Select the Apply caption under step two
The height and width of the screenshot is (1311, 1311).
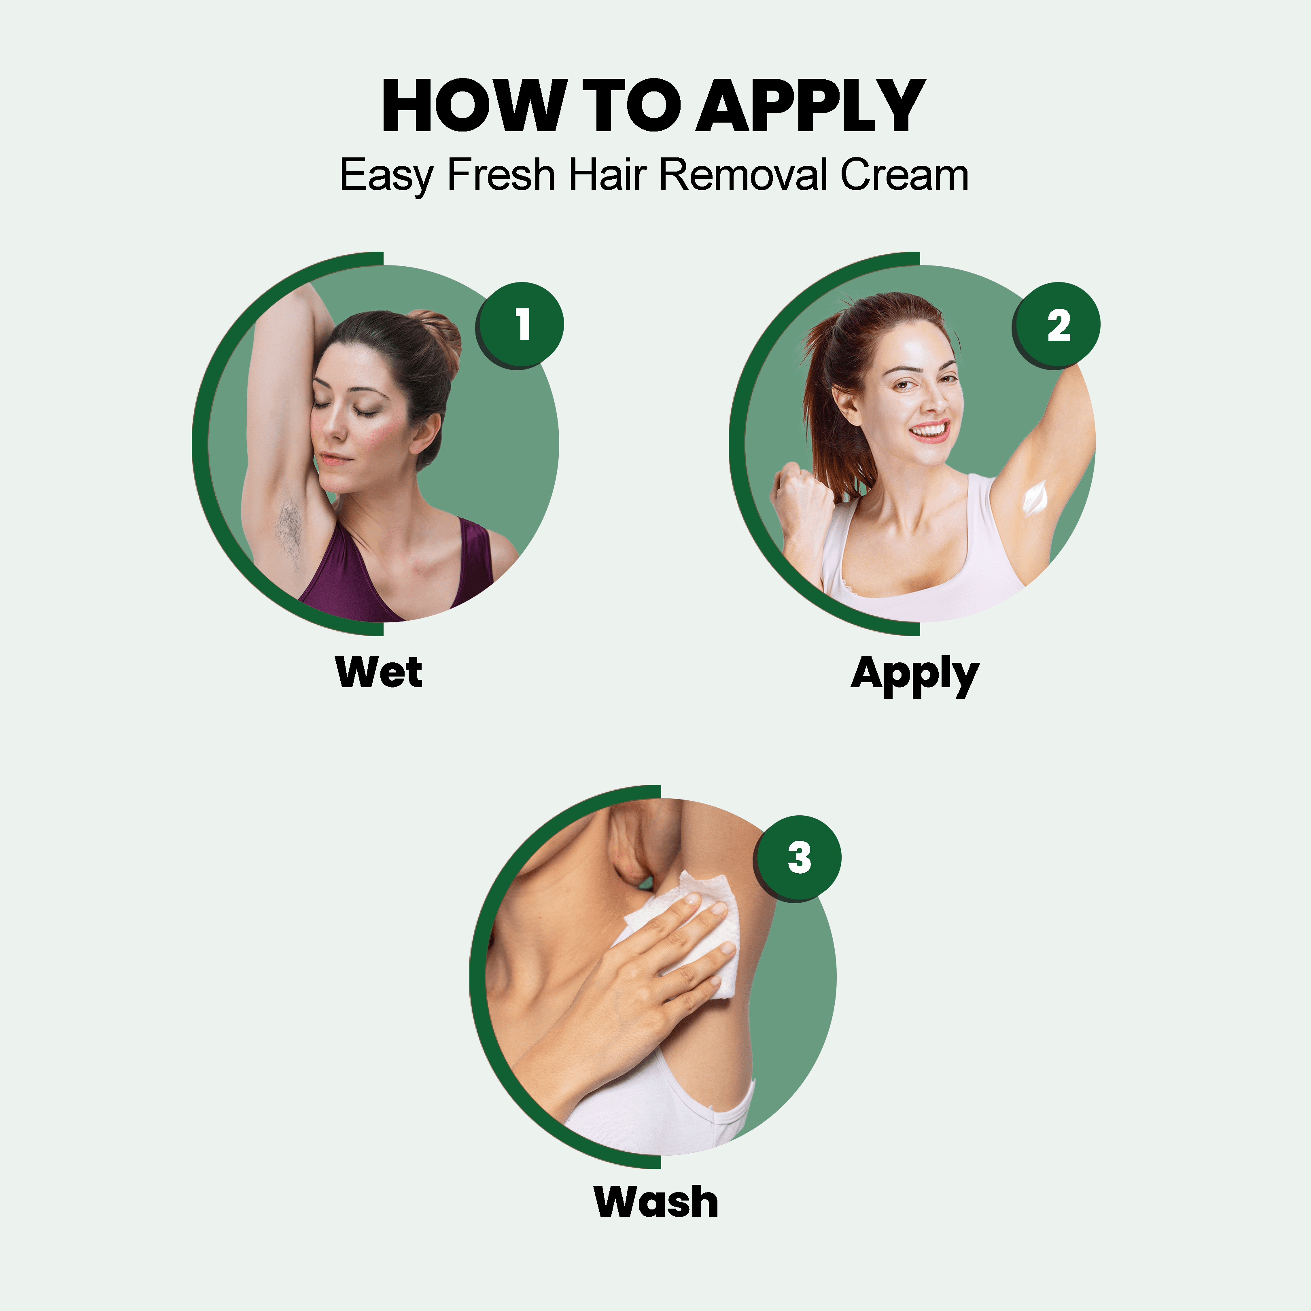(x=915, y=675)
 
